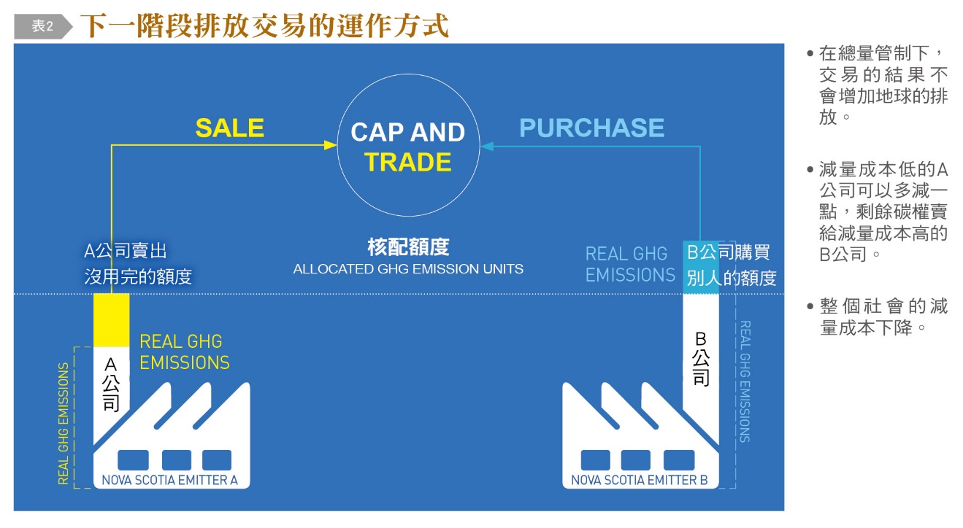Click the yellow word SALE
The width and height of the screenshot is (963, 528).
[229, 128]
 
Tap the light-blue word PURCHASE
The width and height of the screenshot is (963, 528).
[591, 128]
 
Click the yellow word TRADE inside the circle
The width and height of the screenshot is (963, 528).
[408, 162]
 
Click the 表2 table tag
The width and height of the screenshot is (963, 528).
[42, 26]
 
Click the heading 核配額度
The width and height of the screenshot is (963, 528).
[408, 247]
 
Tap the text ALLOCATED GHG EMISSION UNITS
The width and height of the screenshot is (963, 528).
[408, 269]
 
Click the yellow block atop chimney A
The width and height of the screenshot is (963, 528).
[111, 319]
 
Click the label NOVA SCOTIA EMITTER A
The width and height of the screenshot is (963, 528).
[169, 480]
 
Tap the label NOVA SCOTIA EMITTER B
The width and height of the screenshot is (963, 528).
[640, 480]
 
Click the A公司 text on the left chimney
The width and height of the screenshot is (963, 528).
[111, 384]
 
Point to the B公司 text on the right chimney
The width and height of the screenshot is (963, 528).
[700, 359]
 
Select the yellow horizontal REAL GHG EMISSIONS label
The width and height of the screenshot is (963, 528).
[184, 352]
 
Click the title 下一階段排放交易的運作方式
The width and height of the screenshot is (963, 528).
[264, 26]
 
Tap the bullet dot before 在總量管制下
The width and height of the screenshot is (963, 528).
[810, 54]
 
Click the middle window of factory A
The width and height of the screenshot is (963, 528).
[177, 459]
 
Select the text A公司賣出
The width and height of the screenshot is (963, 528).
[126, 252]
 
